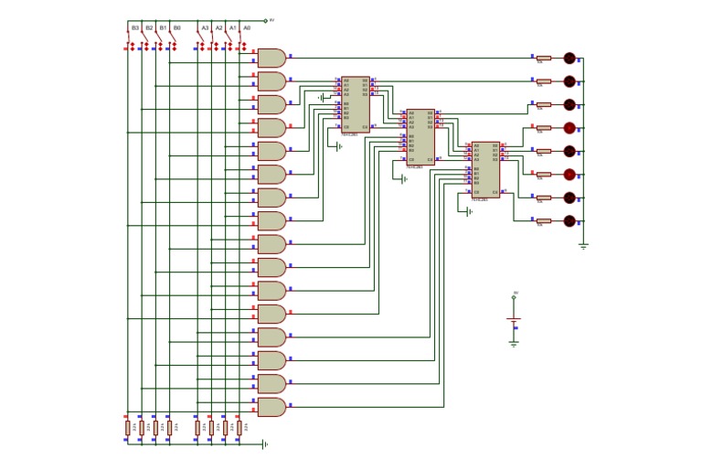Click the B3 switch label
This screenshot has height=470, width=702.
pyautogui.click(x=135, y=28)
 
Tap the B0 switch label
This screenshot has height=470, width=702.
pyautogui.click(x=176, y=28)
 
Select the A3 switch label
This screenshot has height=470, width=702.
pyautogui.click(x=205, y=28)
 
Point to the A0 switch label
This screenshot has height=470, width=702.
pyautogui.click(x=247, y=28)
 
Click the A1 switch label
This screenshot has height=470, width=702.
pyautogui.click(x=233, y=28)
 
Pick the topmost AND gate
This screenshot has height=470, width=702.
pyautogui.click(x=271, y=58)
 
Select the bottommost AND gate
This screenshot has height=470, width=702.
pyautogui.click(x=271, y=407)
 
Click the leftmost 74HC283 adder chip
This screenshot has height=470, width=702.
pyautogui.click(x=356, y=104)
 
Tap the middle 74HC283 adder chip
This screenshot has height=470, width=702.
pyautogui.click(x=420, y=136)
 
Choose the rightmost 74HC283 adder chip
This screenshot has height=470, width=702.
pyautogui.click(x=485, y=169)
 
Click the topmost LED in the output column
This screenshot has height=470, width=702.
pyautogui.click(x=569, y=58)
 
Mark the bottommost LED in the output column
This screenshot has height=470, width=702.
pyautogui.click(x=569, y=221)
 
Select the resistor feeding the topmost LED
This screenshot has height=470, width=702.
pyautogui.click(x=543, y=58)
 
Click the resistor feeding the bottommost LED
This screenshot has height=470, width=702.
pyautogui.click(x=543, y=221)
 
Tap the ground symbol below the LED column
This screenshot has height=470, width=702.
pyautogui.click(x=583, y=245)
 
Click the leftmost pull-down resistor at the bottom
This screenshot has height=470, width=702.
pyautogui.click(x=128, y=427)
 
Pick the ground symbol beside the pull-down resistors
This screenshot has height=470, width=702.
pyautogui.click(x=264, y=443)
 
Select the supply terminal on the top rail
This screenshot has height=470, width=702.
pyautogui.click(x=266, y=20)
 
